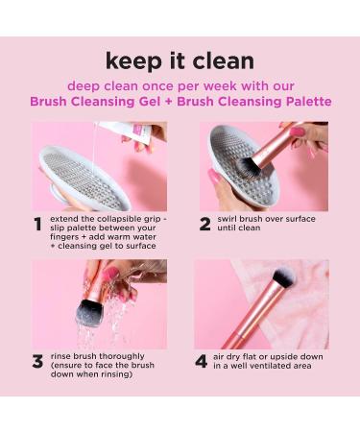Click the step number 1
click(37, 225)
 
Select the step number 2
click(204, 224)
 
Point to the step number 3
click(37, 362)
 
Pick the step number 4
click(202, 362)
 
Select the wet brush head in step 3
click(89, 310)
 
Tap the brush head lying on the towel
click(284, 278)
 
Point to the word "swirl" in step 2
click(227, 219)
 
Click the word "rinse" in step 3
click(60, 356)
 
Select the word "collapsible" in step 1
click(122, 219)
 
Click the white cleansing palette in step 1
click(84, 178)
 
